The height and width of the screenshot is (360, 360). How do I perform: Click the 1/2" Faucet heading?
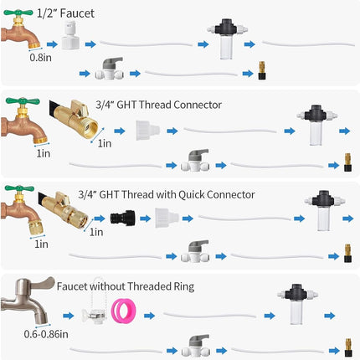(65, 13)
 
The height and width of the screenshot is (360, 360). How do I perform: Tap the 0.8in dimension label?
(41, 58)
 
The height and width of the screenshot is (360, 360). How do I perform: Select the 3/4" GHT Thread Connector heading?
(158, 105)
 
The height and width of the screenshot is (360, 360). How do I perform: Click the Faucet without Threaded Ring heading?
(126, 286)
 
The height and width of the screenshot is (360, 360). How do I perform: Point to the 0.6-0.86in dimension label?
(46, 334)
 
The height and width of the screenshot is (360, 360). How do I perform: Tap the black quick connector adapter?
(123, 219)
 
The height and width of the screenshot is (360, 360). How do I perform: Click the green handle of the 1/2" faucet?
(18, 13)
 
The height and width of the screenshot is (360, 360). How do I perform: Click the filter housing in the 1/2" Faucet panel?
(227, 39)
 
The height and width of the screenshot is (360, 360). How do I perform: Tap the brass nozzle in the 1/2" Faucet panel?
(262, 70)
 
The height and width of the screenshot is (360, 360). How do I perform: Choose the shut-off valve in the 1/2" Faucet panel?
(109, 69)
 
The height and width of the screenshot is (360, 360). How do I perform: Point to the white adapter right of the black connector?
(167, 218)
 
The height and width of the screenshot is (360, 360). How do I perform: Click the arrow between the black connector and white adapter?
(146, 219)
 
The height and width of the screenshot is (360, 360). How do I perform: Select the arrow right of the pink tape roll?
(149, 316)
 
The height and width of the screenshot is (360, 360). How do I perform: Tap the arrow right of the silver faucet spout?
(69, 316)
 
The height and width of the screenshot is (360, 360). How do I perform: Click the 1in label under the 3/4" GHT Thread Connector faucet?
(44, 153)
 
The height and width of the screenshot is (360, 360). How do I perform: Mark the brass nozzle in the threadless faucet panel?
(347, 347)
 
